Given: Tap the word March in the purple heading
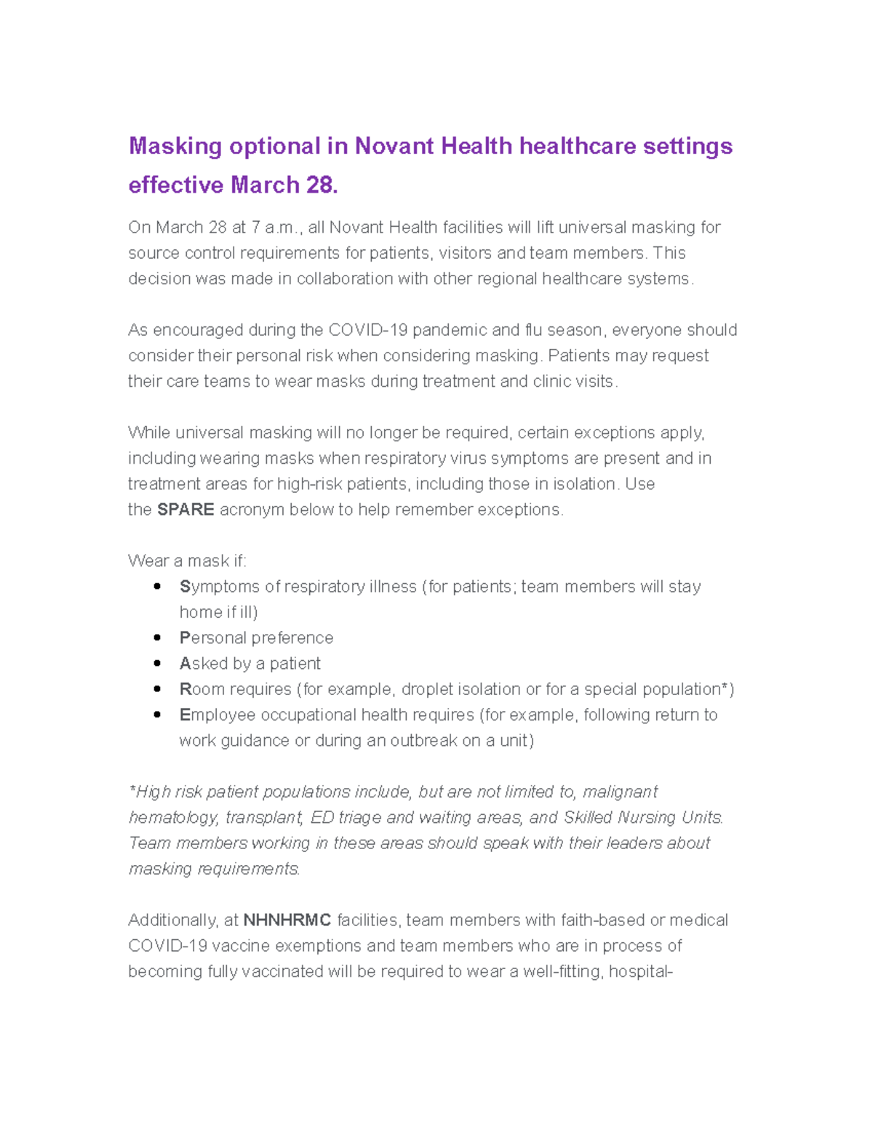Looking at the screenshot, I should click(x=265, y=185).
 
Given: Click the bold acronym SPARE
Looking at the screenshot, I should click(x=186, y=510).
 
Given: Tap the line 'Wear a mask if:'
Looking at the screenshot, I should click(x=187, y=561).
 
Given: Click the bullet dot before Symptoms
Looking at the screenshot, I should click(x=157, y=586).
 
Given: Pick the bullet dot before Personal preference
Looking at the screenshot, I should click(x=157, y=638).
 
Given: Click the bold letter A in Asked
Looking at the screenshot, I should click(x=185, y=664).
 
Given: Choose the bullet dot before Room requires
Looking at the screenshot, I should click(x=157, y=688).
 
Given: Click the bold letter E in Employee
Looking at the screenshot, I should click(x=185, y=715).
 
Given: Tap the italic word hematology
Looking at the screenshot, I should click(x=172, y=818).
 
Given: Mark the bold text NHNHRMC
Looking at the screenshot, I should click(x=287, y=920).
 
